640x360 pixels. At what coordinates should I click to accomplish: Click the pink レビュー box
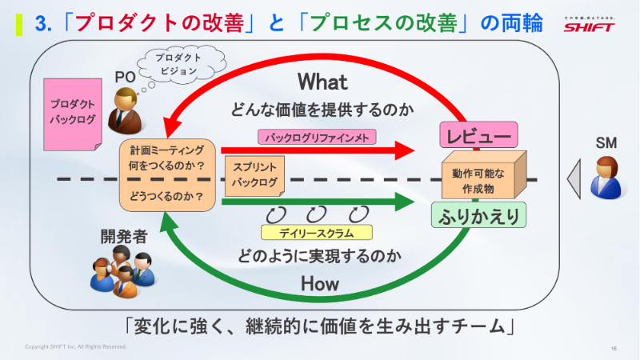478,137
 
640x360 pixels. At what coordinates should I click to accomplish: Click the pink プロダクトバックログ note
73,113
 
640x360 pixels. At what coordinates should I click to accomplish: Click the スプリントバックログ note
254,176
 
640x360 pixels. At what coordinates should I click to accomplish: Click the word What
322,82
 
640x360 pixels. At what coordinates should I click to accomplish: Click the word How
320,283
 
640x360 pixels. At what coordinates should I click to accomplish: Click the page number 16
614,348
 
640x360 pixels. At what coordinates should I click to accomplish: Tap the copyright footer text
76,347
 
